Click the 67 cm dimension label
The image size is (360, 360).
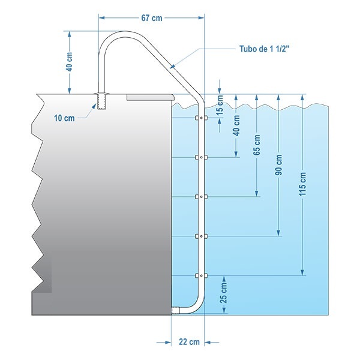click(x=152, y=18)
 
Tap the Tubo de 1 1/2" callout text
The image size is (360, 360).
click(x=263, y=49)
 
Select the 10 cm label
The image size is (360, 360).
click(x=64, y=118)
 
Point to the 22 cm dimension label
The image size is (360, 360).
click(x=189, y=342)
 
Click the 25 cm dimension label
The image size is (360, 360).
click(x=224, y=293)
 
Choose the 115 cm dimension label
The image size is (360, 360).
click(x=302, y=184)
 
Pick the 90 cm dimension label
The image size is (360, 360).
click(x=278, y=165)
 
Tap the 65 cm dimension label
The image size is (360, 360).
click(x=257, y=145)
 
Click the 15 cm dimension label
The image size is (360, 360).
click(x=220, y=105)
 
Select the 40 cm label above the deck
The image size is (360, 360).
click(x=70, y=62)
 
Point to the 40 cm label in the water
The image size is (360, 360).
click(x=236, y=125)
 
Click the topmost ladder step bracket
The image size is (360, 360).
click(x=201, y=118)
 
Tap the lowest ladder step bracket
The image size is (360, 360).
click(x=201, y=275)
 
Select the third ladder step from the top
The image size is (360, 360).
click(x=201, y=197)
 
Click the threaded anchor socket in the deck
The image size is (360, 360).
click(x=101, y=101)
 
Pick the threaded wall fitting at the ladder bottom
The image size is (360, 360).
click(x=175, y=310)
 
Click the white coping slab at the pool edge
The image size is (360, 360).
click(x=151, y=97)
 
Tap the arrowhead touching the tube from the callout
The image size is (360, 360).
click(x=173, y=66)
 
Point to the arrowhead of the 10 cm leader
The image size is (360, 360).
click(x=94, y=107)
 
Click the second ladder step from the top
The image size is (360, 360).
click(x=201, y=157)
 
